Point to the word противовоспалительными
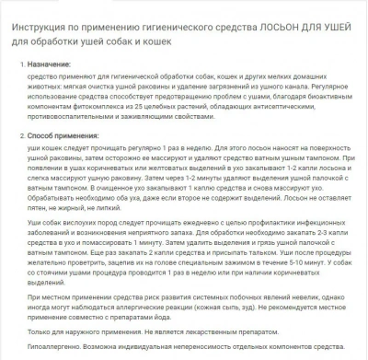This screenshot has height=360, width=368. click(75, 120)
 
